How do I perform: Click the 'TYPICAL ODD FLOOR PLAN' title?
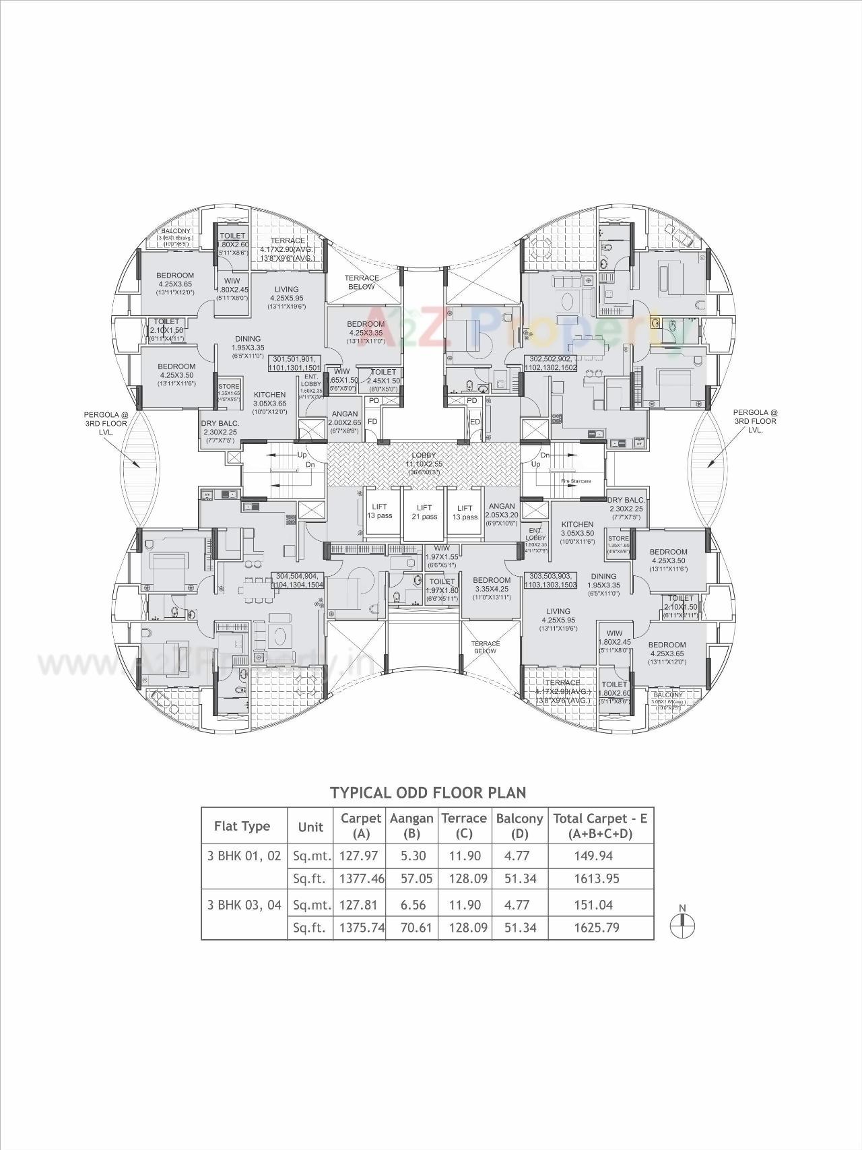coord(428,792)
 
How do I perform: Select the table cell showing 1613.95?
coord(596,879)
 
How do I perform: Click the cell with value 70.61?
coord(412,927)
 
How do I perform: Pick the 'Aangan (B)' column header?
coord(411,825)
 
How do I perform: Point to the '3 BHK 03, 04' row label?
coord(244,905)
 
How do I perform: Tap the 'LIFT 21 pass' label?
coord(424,512)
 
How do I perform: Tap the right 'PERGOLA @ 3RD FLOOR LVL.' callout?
coord(755,421)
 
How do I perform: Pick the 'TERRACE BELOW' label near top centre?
coord(362,282)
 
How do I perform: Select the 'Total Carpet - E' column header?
coord(600,825)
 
